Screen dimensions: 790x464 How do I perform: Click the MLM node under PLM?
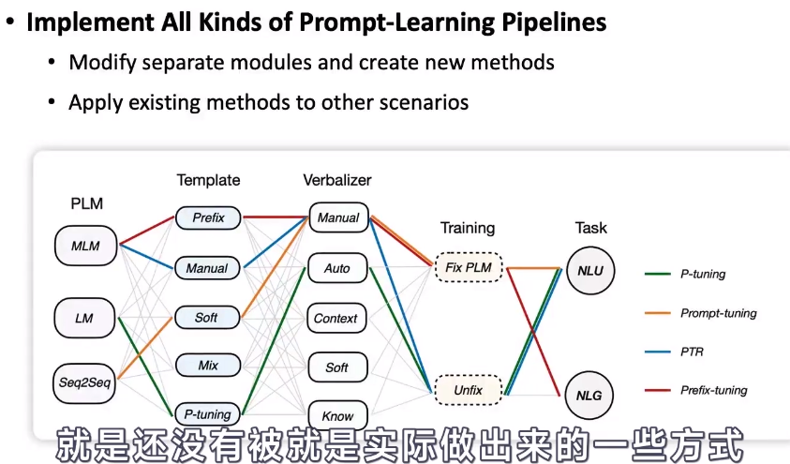pos(85,246)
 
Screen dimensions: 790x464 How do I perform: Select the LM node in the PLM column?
pos(84,319)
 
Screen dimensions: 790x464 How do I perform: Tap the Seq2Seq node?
pos(84,382)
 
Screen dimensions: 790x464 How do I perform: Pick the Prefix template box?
pos(208,217)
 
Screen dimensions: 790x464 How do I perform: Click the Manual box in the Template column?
pos(208,268)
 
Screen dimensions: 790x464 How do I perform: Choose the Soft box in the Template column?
pos(206,318)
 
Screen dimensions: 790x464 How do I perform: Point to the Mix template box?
pos(208,366)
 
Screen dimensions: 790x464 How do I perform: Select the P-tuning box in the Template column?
pos(208,414)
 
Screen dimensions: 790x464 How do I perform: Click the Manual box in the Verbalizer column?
pos(338,217)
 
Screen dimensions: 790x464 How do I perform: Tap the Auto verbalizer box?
pos(337,268)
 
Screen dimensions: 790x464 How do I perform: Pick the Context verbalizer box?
pos(336,319)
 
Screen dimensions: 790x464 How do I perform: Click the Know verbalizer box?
pos(337,415)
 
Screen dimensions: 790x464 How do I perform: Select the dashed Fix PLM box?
pos(469,267)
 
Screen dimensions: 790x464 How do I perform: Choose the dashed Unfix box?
pos(469,390)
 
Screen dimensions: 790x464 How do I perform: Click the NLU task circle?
pos(590,271)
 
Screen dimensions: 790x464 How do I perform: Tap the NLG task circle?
pos(589,396)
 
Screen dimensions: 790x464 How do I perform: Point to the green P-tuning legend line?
pos(658,274)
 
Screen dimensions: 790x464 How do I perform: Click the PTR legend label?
pos(692,352)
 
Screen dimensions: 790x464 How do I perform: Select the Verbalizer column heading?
pos(337,180)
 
